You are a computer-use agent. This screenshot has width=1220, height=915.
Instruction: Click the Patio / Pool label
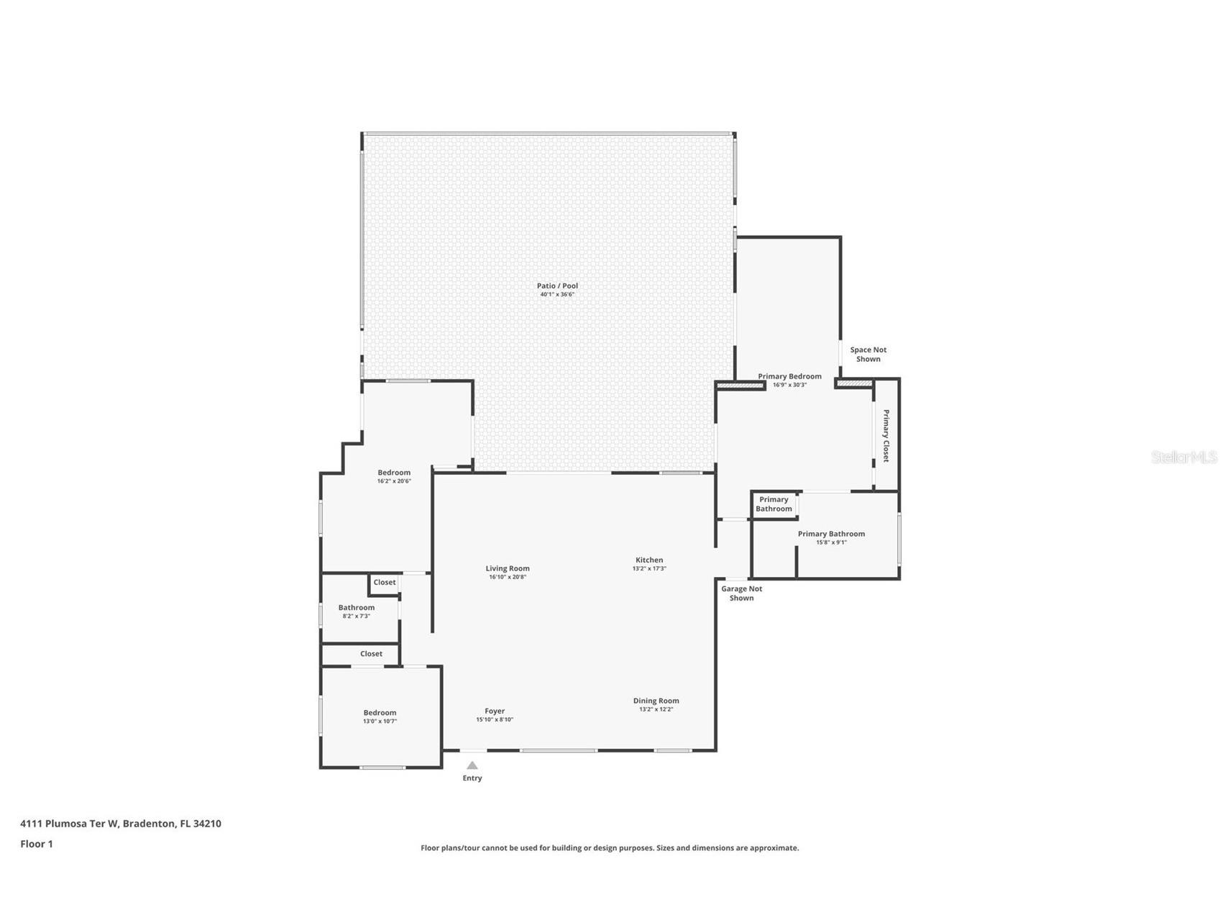point(557,286)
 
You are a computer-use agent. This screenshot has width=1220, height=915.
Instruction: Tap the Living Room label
point(508,568)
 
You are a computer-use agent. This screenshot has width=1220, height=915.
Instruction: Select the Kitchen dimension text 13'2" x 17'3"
point(649,569)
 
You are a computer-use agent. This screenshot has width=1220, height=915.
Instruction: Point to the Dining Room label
point(656,701)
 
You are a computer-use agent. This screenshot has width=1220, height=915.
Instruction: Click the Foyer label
point(495,711)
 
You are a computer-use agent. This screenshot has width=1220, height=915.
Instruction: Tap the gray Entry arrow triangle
point(472,765)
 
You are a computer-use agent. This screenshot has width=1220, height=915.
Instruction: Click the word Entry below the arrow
point(472,778)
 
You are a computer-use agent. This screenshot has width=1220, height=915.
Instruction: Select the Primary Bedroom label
point(789,376)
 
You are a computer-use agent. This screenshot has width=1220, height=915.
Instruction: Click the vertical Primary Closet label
point(886,436)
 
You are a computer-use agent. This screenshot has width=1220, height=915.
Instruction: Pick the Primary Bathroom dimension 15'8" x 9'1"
point(831,542)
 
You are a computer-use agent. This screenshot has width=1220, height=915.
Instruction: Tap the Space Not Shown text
point(868,355)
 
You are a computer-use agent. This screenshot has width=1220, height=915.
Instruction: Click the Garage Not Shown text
point(741,593)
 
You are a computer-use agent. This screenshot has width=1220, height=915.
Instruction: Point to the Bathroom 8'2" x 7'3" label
point(357,608)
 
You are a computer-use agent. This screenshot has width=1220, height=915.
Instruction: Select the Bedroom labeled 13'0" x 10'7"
point(380,713)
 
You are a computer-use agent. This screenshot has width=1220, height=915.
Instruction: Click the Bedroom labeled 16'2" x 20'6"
point(394,473)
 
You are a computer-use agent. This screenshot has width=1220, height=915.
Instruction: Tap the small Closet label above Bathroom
point(385,583)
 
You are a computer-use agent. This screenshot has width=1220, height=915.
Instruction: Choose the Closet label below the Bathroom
point(371,654)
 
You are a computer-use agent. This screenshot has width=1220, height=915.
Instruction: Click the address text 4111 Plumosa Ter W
point(69,824)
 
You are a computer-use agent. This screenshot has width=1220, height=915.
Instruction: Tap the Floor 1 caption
point(37,844)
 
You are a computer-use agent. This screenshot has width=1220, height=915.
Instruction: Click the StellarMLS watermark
point(1183,457)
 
